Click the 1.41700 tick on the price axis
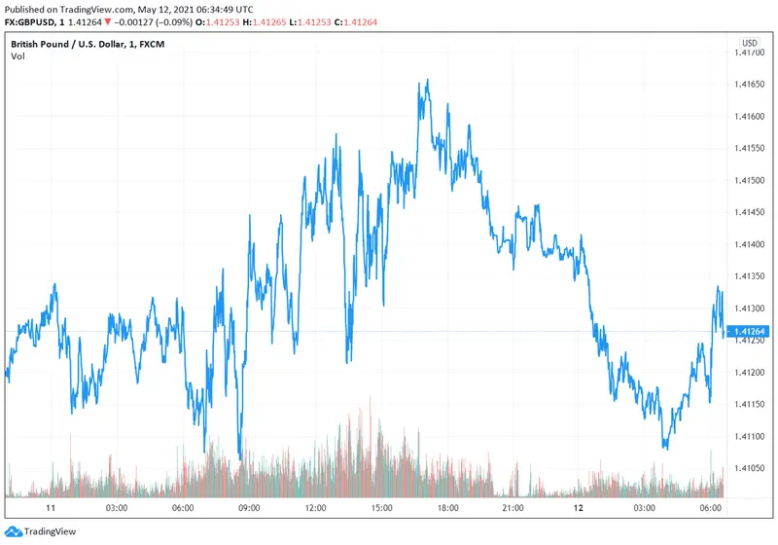(753, 53)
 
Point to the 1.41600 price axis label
(753, 117)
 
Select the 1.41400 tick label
(753, 244)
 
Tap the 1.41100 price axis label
(753, 437)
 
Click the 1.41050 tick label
(753, 468)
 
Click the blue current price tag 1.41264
(750, 332)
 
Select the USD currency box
(750, 43)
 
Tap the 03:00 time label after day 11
(116, 508)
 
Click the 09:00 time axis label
(248, 508)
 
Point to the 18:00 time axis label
(446, 508)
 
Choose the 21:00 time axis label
(513, 508)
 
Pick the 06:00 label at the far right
(711, 508)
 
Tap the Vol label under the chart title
(18, 56)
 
